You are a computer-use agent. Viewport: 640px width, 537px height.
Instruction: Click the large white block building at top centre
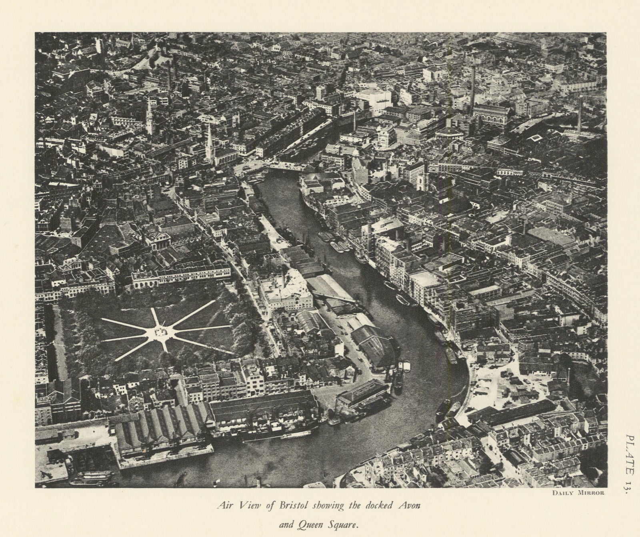[372, 99]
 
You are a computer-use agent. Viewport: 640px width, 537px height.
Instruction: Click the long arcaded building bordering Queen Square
[182, 277]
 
